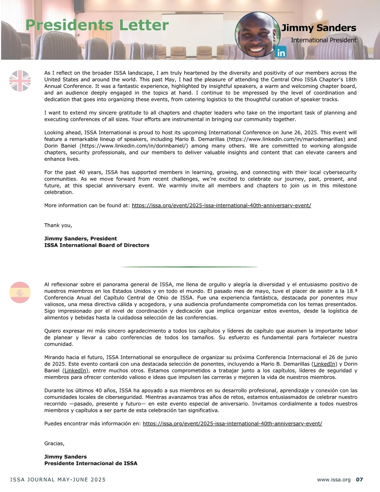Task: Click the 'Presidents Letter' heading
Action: pyautogui.click(x=97, y=25)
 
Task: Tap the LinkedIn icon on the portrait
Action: pyautogui.click(x=281, y=52)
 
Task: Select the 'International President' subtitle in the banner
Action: pyautogui.click(x=323, y=40)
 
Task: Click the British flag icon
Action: pyautogui.click(x=20, y=81)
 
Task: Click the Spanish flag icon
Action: pyautogui.click(x=20, y=292)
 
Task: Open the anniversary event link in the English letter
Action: pyautogui.click(x=221, y=205)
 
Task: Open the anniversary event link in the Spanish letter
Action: pyautogui.click(x=232, y=424)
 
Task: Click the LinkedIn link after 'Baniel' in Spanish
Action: pyautogui.click(x=75, y=371)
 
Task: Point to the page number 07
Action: pyautogui.click(x=359, y=480)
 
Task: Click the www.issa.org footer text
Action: pyautogui.click(x=334, y=480)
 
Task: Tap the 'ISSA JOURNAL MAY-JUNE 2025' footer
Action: pyautogui.click(x=58, y=480)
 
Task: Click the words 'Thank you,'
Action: pyautogui.click(x=58, y=225)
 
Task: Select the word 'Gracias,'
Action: pyautogui.click(x=54, y=444)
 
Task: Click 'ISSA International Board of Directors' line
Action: pyautogui.click(x=97, y=245)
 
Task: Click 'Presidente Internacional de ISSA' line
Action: pyautogui.click(x=91, y=463)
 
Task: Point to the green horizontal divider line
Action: pyautogui.click(x=190, y=267)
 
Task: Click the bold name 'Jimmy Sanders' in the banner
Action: pyautogui.click(x=319, y=28)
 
